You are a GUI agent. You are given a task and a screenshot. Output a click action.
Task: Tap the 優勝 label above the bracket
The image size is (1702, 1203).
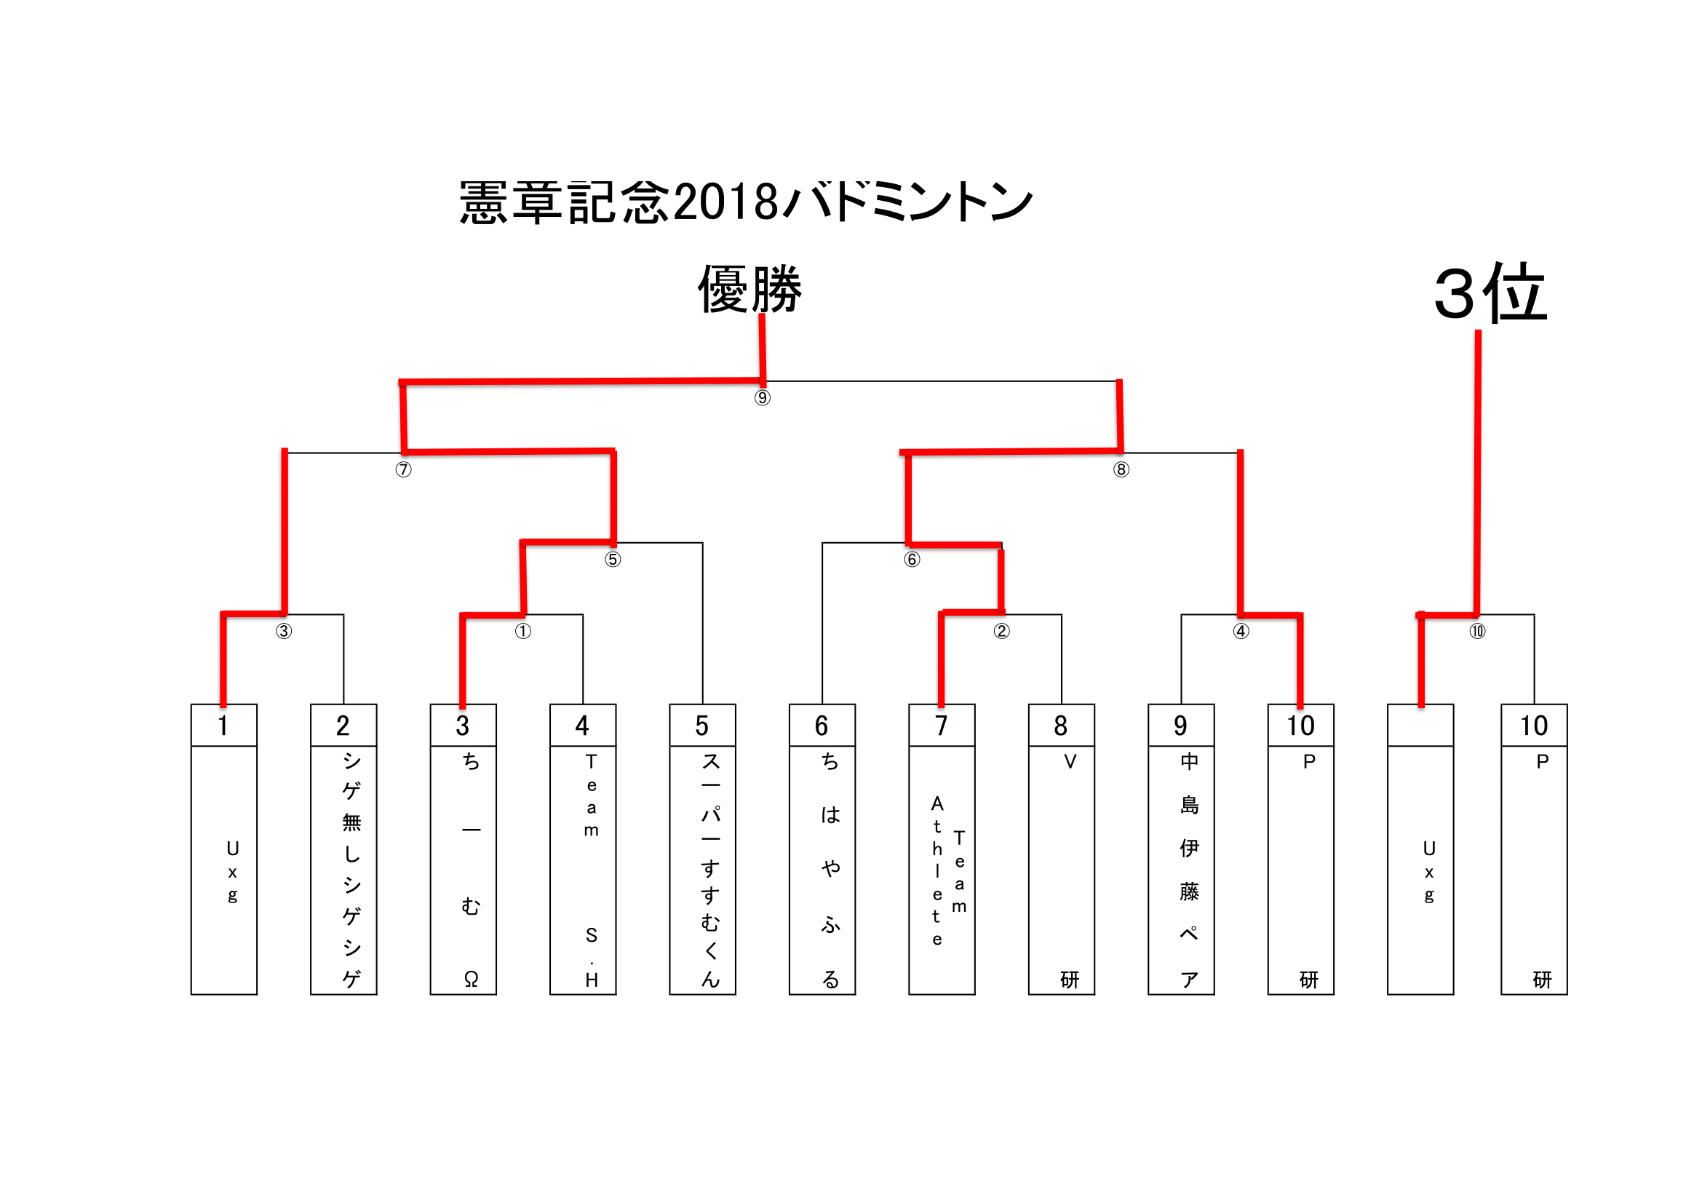click(x=749, y=289)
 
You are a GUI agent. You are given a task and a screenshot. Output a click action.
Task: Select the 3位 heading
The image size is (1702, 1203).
click(x=1491, y=293)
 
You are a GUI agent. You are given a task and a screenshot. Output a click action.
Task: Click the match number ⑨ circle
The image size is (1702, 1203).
click(x=762, y=398)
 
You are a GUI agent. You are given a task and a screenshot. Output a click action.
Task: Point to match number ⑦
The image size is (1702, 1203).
click(x=403, y=470)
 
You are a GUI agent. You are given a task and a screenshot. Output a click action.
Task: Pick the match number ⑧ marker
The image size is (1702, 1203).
click(x=1121, y=470)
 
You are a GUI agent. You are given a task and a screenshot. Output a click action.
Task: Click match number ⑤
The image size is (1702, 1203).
click(x=612, y=560)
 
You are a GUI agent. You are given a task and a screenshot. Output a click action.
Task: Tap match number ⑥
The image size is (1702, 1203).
click(x=912, y=560)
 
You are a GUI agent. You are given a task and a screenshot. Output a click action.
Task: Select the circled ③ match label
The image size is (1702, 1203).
click(x=284, y=632)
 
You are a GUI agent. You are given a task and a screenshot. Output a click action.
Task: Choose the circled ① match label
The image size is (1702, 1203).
click(x=523, y=632)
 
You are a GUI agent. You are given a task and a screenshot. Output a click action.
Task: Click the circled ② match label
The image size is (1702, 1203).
click(x=1001, y=632)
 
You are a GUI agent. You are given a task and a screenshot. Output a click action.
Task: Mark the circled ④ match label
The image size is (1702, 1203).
click(x=1241, y=632)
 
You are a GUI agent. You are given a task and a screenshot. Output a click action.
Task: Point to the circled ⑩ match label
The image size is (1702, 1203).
click(x=1477, y=632)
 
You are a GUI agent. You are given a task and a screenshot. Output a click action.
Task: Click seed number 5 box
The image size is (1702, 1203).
click(x=702, y=726)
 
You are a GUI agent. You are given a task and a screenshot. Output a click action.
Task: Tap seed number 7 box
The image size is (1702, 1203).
click(x=942, y=726)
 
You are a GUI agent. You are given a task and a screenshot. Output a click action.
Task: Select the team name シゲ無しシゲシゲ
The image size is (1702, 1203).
click(x=351, y=870)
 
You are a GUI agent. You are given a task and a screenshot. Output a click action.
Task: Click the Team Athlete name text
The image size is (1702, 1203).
click(x=947, y=870)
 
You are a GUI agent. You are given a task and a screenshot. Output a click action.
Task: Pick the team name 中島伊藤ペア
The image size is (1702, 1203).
click(x=1189, y=870)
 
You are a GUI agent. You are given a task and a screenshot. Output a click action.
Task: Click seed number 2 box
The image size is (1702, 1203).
click(x=343, y=726)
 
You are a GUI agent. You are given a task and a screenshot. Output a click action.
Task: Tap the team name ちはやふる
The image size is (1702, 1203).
click(x=830, y=870)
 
